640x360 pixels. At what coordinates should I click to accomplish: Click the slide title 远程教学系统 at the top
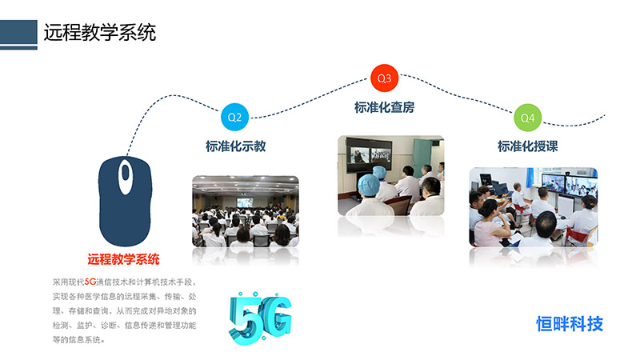tap(99, 32)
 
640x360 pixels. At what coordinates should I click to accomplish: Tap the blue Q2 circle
tap(234, 117)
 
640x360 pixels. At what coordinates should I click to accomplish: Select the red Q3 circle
tap(384, 78)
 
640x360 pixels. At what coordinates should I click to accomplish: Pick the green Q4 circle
tap(527, 118)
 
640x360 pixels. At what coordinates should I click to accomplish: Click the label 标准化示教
tap(235, 146)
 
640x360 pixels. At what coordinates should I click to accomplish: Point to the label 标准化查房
tap(384, 107)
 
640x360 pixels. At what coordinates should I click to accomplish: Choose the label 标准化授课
tap(527, 146)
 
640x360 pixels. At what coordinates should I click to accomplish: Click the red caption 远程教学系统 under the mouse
tap(123, 259)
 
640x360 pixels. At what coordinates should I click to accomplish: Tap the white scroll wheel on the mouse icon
tap(126, 176)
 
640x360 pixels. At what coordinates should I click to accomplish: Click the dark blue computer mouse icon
tap(125, 202)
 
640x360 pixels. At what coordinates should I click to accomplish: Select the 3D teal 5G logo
tap(260, 318)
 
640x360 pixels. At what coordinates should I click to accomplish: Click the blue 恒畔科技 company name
tap(570, 324)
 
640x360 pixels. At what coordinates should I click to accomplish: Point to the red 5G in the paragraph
tap(90, 282)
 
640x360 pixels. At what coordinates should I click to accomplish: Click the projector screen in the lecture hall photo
tap(245, 202)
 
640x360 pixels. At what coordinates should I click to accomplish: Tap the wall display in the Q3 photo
tap(369, 154)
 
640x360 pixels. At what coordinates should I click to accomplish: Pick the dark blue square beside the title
tap(18, 32)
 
